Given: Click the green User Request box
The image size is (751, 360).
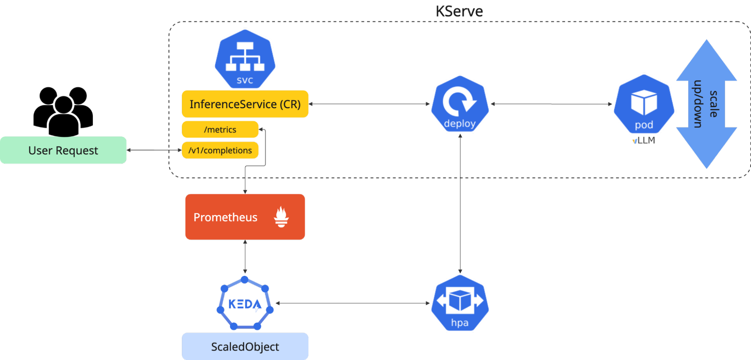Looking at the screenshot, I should coord(63,150).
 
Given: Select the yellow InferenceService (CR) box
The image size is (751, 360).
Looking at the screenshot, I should coord(245,104).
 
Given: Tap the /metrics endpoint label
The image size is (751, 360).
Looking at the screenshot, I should coord(220,130).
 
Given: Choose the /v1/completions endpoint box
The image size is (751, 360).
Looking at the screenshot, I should coord(220,150).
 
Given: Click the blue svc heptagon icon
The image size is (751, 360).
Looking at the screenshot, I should coord(245,59).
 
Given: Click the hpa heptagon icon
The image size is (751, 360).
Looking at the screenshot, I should coord(460,303).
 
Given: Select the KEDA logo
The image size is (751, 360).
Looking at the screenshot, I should coord(245,304).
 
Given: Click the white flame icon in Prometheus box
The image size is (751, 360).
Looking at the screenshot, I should coord(281,217).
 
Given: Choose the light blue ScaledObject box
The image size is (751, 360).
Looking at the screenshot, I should coord(245,346).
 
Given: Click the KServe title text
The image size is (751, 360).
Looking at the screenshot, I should coord(459,11).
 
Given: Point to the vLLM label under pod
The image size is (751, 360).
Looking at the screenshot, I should coord(644,141).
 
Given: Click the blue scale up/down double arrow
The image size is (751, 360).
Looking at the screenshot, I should coord(706,104).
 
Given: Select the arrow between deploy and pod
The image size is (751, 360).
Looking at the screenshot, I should coord(552,104).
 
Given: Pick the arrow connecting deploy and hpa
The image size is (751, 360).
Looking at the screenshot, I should coord(460,203).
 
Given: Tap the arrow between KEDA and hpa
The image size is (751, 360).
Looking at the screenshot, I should coord(353,303).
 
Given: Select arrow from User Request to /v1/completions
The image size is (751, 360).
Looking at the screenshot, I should coord(154,150).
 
